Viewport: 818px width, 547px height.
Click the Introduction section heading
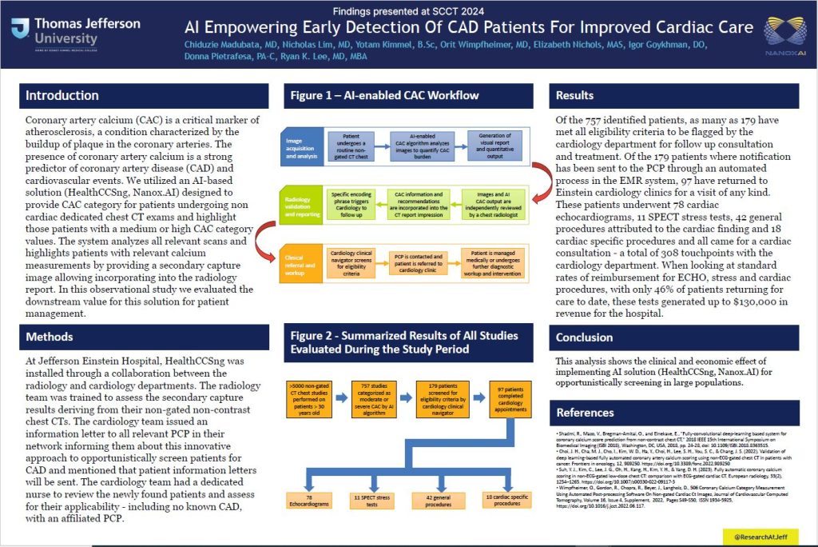[x=62, y=96]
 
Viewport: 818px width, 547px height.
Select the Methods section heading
[x=50, y=337]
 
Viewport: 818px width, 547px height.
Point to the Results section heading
[x=574, y=96]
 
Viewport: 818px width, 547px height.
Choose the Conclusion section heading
[x=585, y=337]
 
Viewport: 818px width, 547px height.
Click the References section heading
[x=586, y=413]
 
